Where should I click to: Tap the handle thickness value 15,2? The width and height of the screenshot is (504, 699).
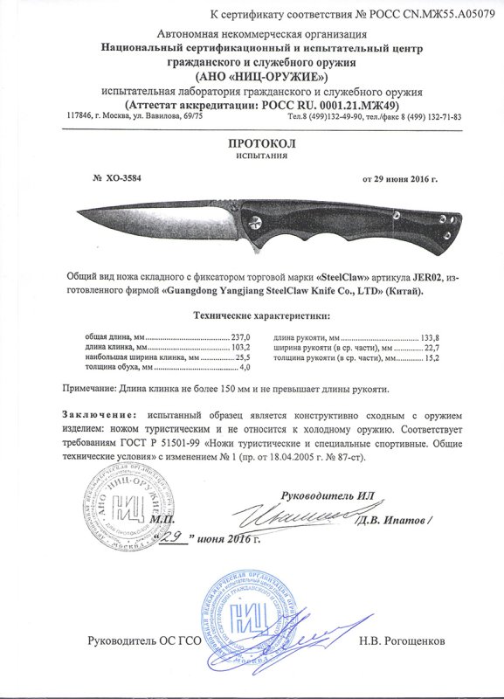tap(431, 357)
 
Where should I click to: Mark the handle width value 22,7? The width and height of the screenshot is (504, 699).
tap(431, 347)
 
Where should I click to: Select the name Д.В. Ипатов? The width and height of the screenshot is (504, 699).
tap(392, 521)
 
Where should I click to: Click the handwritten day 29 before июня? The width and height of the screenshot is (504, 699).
tap(176, 537)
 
